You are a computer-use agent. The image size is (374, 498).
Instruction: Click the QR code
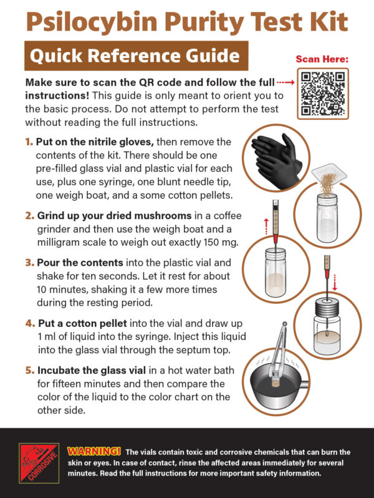pos(324,94)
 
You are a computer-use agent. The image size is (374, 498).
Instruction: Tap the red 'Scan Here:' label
pos(322,59)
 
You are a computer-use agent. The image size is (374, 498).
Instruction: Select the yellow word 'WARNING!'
pos(93,451)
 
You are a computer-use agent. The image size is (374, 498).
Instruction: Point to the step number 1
pos(29,142)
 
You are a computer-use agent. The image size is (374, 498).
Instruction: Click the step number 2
pos(29,216)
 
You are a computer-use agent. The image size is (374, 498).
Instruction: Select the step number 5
pos(29,370)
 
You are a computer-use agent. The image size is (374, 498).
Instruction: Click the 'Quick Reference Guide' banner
pos(135,56)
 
